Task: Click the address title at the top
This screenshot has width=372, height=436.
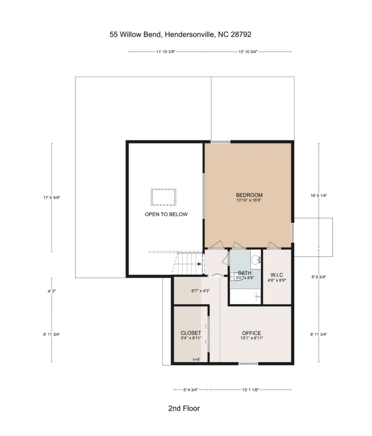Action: tap(180, 34)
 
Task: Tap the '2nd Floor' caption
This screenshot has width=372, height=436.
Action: tap(184, 408)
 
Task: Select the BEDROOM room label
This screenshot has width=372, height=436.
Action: tap(249, 195)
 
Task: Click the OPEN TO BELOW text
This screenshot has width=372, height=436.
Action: tap(166, 214)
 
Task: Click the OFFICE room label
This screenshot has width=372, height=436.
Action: tap(252, 333)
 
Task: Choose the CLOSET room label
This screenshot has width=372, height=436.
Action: tap(191, 333)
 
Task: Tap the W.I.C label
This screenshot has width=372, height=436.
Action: tap(276, 275)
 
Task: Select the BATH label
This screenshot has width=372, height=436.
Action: tap(244, 273)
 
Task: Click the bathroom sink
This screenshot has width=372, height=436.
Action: tap(256, 260)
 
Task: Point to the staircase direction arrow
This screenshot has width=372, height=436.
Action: tap(199, 264)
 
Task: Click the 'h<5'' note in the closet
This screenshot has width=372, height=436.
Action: tap(197, 359)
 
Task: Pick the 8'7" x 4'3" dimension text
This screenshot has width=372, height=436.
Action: tap(200, 291)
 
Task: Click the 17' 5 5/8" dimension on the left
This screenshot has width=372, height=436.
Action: tap(52, 197)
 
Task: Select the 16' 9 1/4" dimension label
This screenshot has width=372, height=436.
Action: tap(318, 196)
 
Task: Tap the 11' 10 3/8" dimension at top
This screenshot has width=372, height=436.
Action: tap(166, 52)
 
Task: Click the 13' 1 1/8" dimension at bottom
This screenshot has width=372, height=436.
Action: tap(250, 390)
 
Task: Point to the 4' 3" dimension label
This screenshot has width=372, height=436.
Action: tap(52, 291)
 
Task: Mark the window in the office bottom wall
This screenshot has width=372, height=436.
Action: tap(248, 364)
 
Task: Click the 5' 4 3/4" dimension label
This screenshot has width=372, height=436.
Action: tap(191, 390)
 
